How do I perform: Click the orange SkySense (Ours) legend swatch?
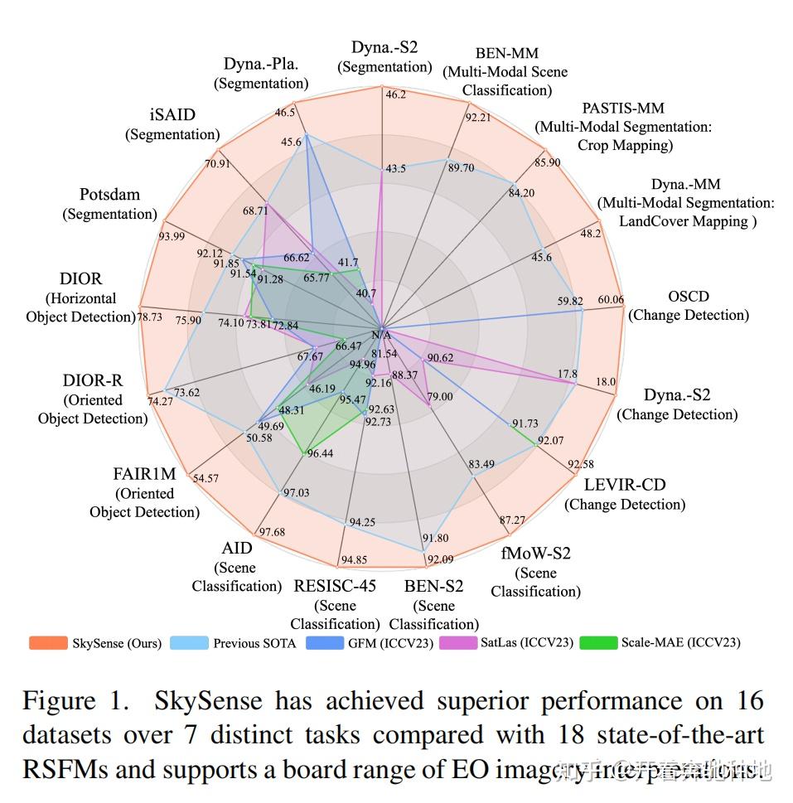click(48, 643)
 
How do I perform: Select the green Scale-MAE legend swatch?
click(598, 642)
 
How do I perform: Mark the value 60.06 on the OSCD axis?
click(611, 300)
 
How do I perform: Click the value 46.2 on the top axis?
click(395, 94)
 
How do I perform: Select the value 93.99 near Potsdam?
click(172, 236)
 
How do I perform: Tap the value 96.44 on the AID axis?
click(320, 453)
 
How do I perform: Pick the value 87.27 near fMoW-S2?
click(512, 520)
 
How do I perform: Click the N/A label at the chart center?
click(380, 335)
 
